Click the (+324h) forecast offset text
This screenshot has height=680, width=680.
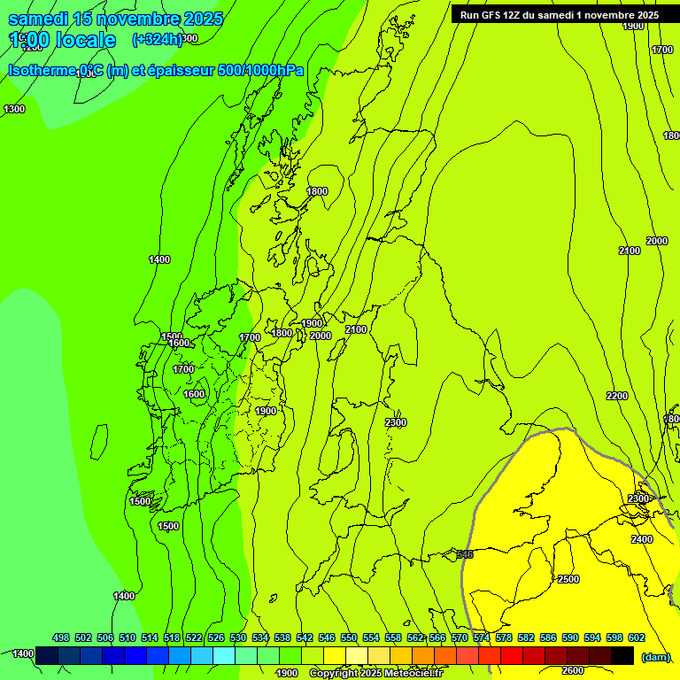coord(158,39)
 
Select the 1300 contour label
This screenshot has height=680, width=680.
coord(14,109)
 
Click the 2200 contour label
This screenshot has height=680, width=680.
coord(617,396)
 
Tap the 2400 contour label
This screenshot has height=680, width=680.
coord(642,539)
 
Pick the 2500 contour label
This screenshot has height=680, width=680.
coord(568,579)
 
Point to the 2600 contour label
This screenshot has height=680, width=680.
coord(573,670)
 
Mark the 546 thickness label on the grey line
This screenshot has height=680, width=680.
coord(465,554)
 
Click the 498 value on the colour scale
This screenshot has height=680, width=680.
coord(61,637)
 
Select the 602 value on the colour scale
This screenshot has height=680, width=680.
coord(637,637)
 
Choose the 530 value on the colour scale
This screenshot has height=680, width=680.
coord(238,637)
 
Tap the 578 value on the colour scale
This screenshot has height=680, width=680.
coord(504,637)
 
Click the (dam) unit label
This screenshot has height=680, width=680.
coord(656,656)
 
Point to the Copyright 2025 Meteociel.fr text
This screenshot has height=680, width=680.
coord(375,674)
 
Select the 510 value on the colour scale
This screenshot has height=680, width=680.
coord(127,637)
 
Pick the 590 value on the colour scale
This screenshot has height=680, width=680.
coord(570,637)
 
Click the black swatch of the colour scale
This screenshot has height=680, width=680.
coord(622,655)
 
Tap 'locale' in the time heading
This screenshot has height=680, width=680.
coord(85,40)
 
